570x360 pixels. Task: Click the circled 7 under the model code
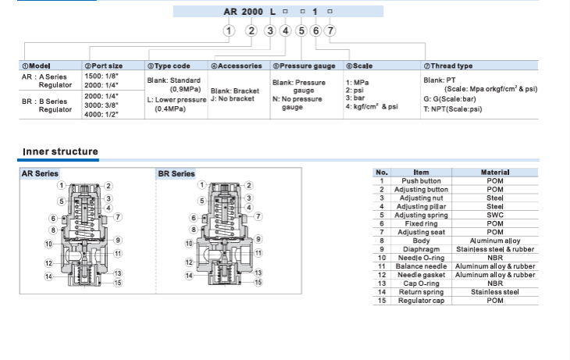pos(330,31)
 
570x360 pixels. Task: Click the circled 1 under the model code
pos(229,31)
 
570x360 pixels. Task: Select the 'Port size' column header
pos(103,66)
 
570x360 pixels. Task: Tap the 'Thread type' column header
pos(448,66)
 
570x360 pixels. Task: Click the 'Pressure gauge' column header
pos(304,66)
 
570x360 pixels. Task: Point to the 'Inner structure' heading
pos(60,151)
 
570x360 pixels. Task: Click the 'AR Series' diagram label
pos(40,173)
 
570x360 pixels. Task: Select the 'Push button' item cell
pos(421,180)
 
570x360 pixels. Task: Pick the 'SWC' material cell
pos(495,215)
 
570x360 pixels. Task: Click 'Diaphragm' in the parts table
pos(421,249)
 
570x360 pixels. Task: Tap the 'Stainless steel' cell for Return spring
pos(495,292)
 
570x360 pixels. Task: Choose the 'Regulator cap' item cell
pos(421,301)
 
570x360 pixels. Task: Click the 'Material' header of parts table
pos(495,172)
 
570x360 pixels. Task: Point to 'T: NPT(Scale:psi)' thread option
pos(453,109)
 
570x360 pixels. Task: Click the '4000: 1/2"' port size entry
pos(102,113)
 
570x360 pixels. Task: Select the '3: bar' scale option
pos(354,98)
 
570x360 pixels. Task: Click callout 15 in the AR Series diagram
pos(118,282)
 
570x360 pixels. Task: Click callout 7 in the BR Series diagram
pos(258,216)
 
